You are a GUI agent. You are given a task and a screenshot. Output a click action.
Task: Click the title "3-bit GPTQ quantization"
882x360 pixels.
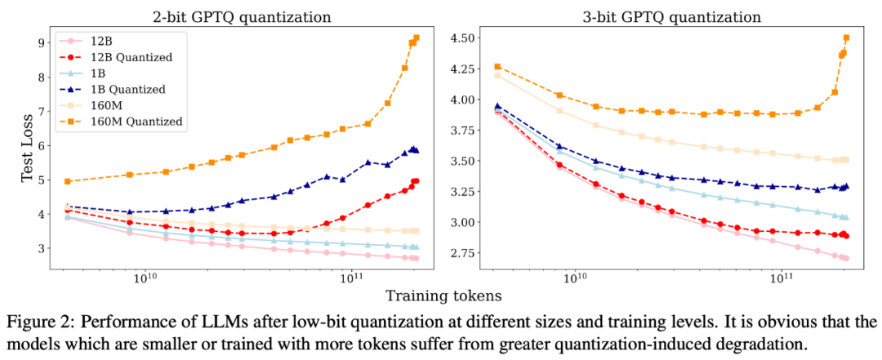[x=667, y=16]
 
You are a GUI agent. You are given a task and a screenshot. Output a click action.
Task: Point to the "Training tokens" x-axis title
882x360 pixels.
[x=441, y=295]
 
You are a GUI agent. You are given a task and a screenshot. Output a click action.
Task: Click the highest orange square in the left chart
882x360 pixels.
[x=416, y=38]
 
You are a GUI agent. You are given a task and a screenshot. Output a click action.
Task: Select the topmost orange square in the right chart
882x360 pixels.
[x=846, y=38]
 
